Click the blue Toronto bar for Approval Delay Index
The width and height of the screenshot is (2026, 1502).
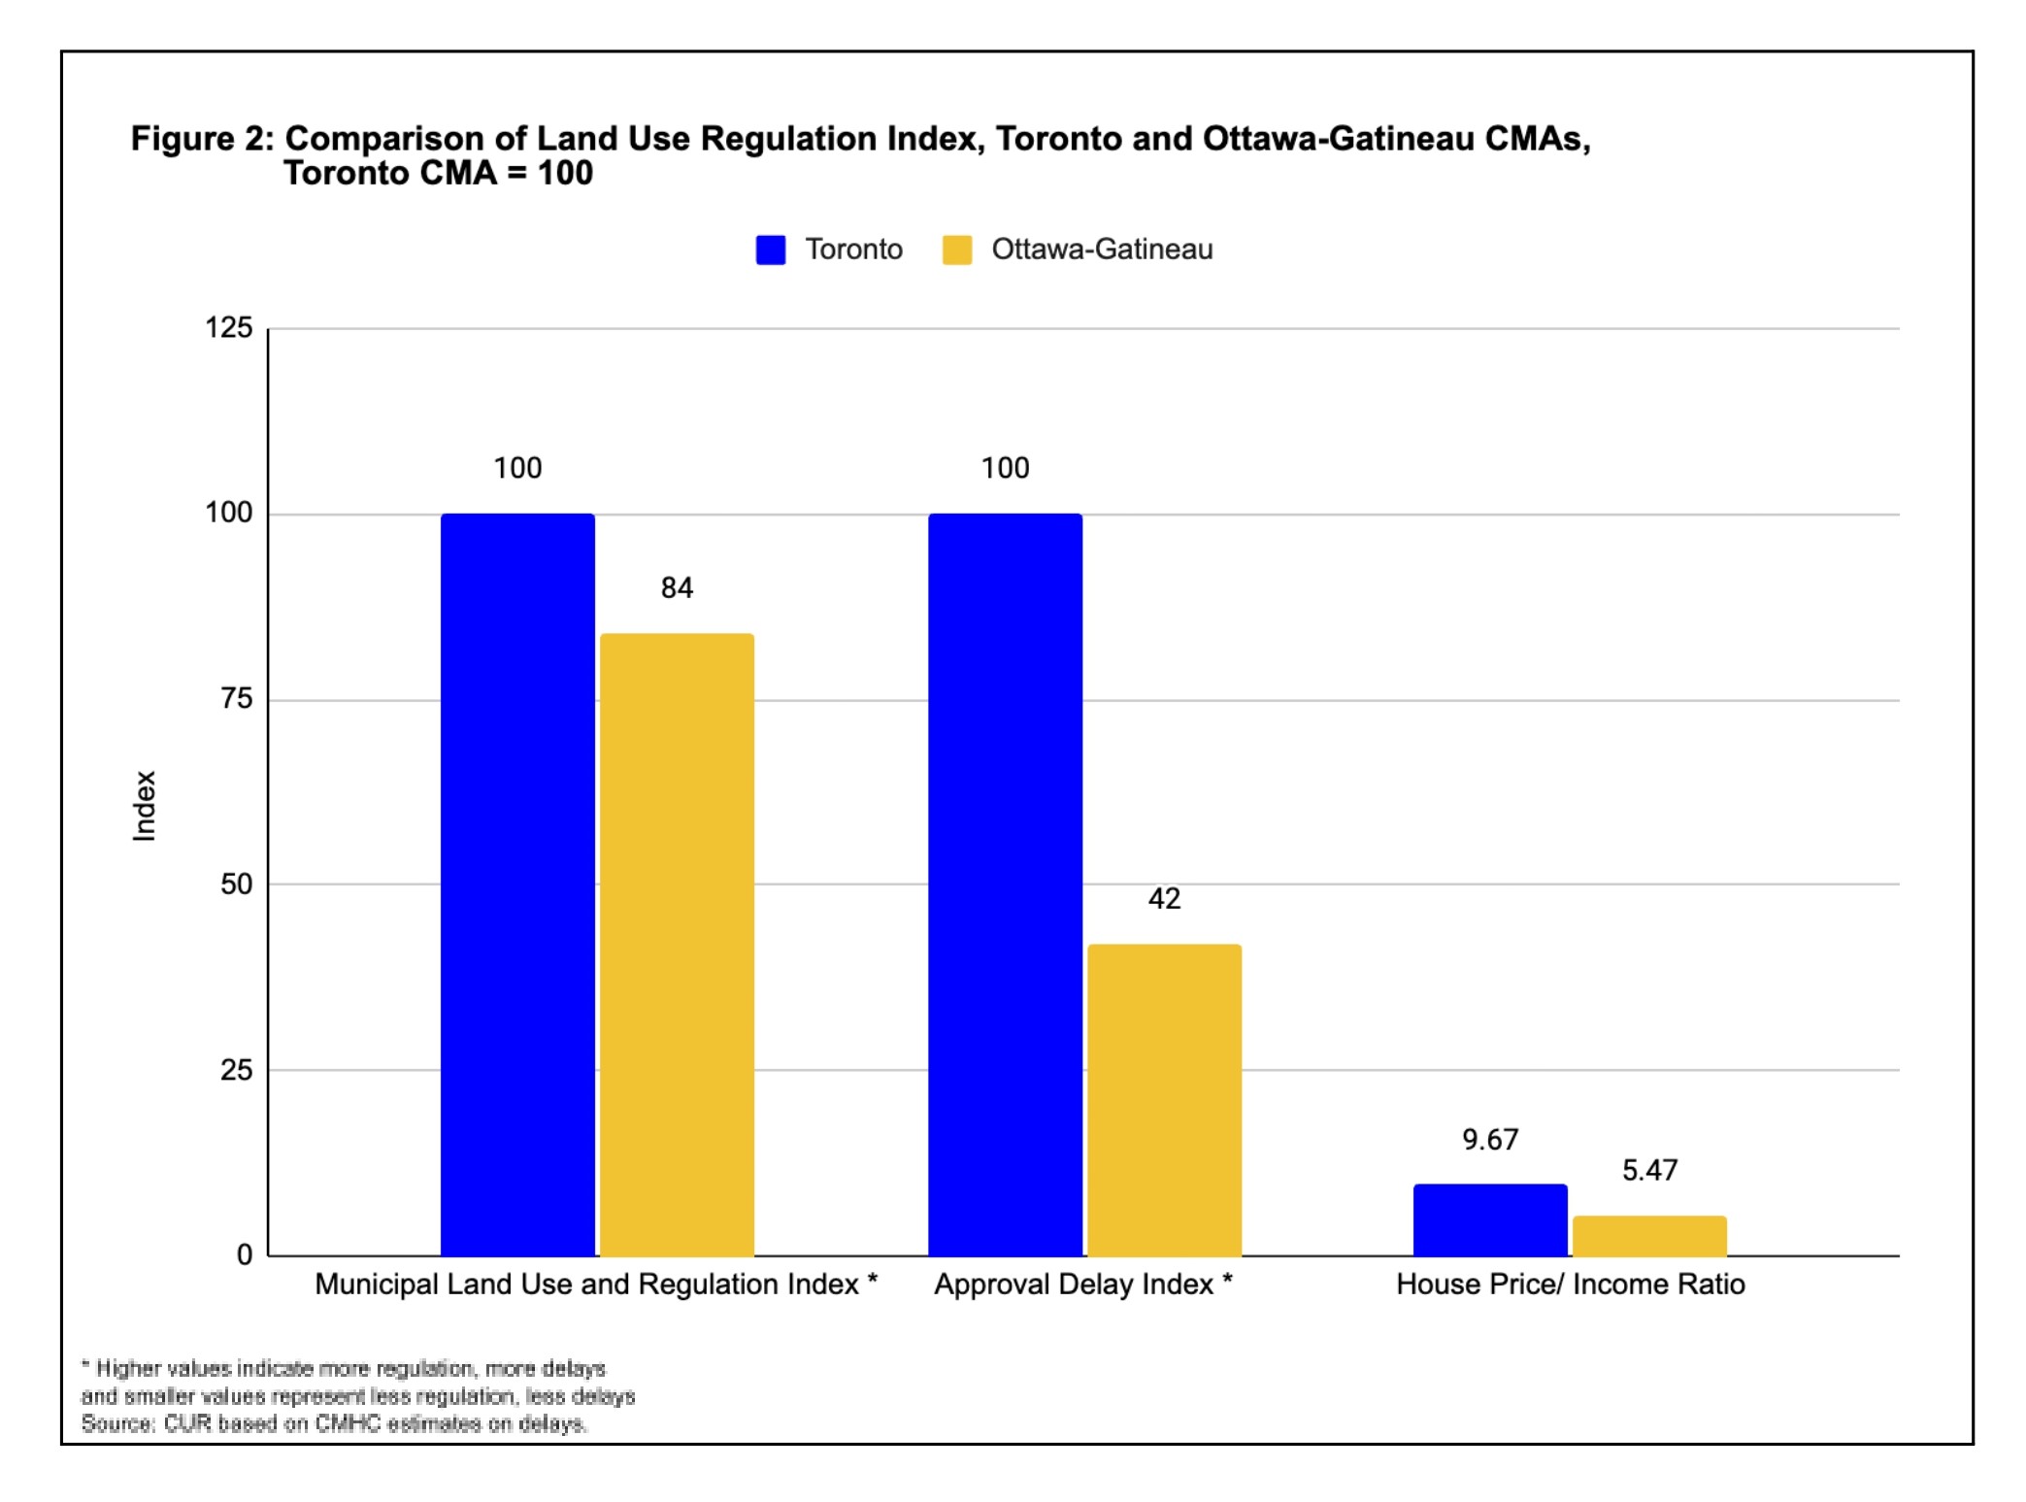click(1005, 884)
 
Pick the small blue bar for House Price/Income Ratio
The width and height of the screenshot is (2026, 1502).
click(1489, 1219)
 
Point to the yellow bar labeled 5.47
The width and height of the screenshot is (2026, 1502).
click(1648, 1235)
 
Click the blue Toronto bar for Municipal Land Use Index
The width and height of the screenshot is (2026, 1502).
click(517, 884)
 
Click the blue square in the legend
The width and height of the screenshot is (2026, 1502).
click(770, 250)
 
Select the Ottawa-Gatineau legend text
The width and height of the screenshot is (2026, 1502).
click(1101, 250)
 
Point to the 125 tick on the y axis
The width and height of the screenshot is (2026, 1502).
click(228, 328)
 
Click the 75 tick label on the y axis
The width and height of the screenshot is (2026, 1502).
click(236, 699)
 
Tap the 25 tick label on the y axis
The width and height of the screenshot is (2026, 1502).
click(236, 1070)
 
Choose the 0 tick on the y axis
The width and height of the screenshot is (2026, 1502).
click(245, 1255)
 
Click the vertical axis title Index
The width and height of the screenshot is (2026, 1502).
click(144, 806)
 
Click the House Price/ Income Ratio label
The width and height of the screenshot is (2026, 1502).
click(1570, 1285)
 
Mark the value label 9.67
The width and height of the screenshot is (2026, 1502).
click(1489, 1139)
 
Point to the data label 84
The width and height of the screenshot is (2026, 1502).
click(677, 588)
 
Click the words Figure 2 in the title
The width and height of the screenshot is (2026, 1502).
click(202, 139)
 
